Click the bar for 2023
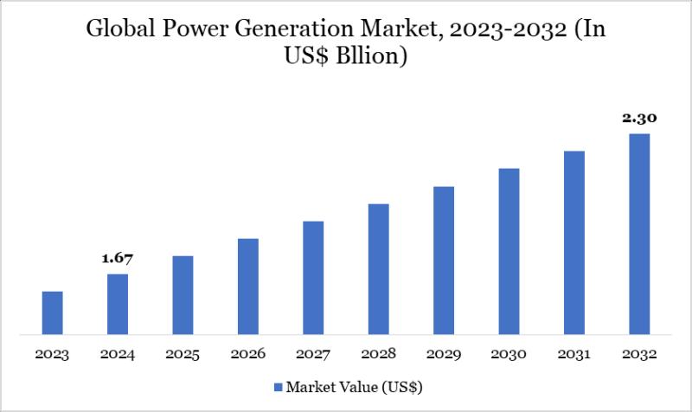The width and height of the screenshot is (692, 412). pyautogui.click(x=53, y=312)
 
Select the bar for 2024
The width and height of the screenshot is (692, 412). pyautogui.click(x=118, y=304)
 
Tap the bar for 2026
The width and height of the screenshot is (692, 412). pyautogui.click(x=248, y=286)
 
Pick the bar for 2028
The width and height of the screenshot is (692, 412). pyautogui.click(x=379, y=268)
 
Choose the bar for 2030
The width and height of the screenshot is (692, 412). pyautogui.click(x=509, y=251)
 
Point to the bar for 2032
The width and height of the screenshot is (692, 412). pyautogui.click(x=639, y=234)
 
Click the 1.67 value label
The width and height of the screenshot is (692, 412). pyautogui.click(x=118, y=259)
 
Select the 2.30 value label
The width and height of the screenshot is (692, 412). pyautogui.click(x=639, y=119)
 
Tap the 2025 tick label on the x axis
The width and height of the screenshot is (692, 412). pyautogui.click(x=183, y=355)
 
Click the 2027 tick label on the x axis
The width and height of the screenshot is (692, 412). pyautogui.click(x=313, y=355)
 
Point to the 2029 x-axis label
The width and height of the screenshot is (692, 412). pyautogui.click(x=444, y=355)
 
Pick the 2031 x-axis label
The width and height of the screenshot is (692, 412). pyautogui.click(x=574, y=355)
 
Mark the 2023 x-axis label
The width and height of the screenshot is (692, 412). pyautogui.click(x=53, y=355)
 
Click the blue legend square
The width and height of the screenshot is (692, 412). pyautogui.click(x=278, y=386)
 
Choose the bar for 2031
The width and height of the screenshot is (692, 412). pyautogui.click(x=574, y=242)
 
